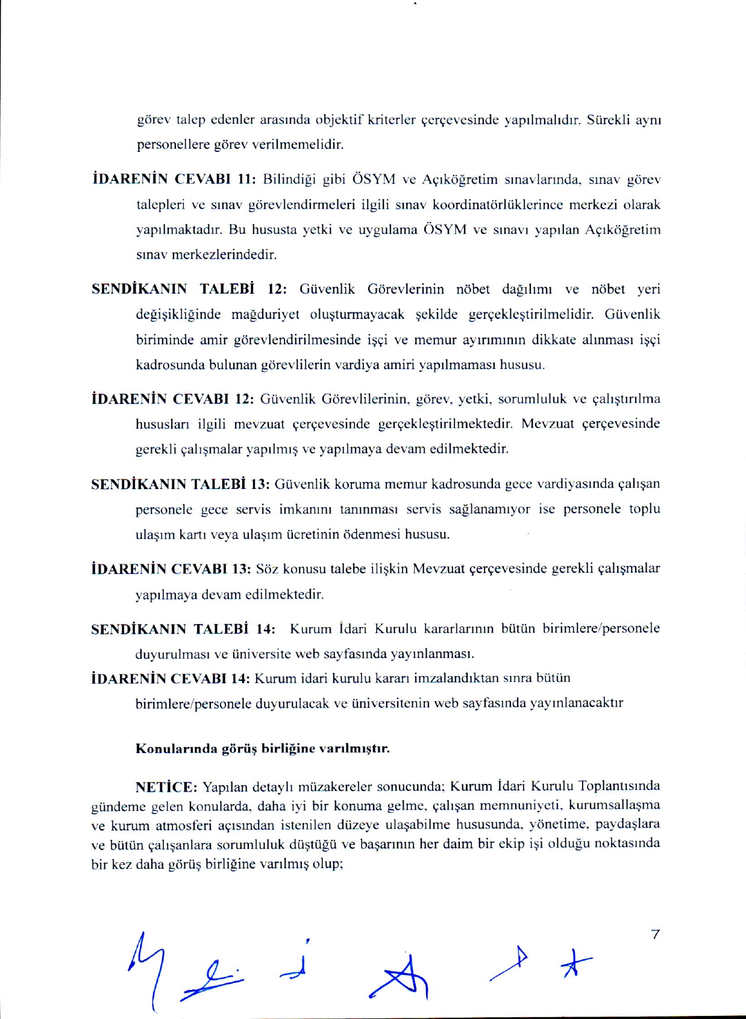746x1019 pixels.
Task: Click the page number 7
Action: [x=656, y=935]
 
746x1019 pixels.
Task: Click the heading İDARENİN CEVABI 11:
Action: [x=174, y=179]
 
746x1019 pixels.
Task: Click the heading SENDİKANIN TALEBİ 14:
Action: [x=184, y=629]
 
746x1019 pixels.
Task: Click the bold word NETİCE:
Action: [x=166, y=787]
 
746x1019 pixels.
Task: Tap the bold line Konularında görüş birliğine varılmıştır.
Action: [x=263, y=749]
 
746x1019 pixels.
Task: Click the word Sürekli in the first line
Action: [x=609, y=119]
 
